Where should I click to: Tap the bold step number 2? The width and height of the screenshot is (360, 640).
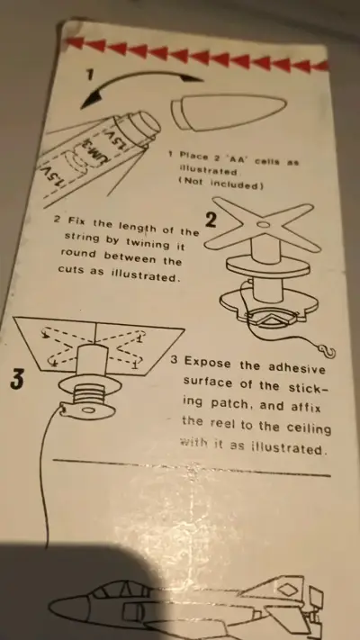tap(211, 221)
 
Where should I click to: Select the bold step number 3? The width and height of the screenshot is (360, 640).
tap(17, 379)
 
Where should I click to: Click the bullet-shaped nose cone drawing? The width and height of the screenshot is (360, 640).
tap(229, 113)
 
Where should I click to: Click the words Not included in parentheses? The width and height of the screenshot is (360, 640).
tap(221, 185)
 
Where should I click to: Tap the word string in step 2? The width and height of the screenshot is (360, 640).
tap(82, 238)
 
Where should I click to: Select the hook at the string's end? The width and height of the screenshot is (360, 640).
tap(327, 351)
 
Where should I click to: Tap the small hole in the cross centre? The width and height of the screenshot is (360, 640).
tap(264, 225)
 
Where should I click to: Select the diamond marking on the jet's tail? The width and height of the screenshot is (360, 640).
tap(284, 589)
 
